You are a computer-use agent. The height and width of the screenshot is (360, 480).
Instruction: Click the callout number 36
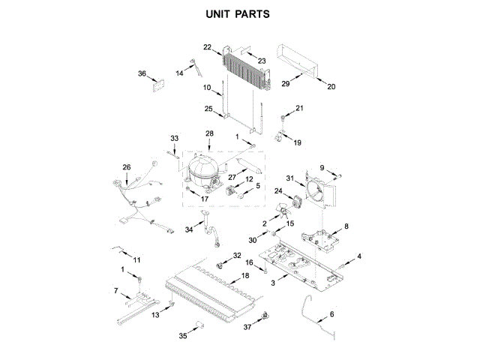pyautogui.click(x=142, y=73)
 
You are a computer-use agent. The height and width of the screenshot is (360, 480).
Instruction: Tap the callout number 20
pyautogui.click(x=331, y=87)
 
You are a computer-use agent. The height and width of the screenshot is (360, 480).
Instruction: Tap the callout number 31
pyautogui.click(x=290, y=177)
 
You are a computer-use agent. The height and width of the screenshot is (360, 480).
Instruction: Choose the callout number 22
pyautogui.click(x=208, y=47)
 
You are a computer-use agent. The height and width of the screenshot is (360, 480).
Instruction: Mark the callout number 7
pyautogui.click(x=116, y=290)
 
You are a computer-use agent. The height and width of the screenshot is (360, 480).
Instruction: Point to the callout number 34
pyautogui.click(x=189, y=231)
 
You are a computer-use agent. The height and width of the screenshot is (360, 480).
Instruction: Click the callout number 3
pyautogui.click(x=274, y=283)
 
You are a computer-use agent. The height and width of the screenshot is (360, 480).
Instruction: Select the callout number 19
pyautogui.click(x=297, y=142)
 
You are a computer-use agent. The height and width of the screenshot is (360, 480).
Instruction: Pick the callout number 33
pyautogui.click(x=175, y=139)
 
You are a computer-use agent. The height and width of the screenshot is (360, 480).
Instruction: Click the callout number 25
pyautogui.click(x=209, y=109)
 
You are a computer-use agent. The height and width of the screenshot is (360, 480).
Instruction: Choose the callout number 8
pyautogui.click(x=346, y=225)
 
